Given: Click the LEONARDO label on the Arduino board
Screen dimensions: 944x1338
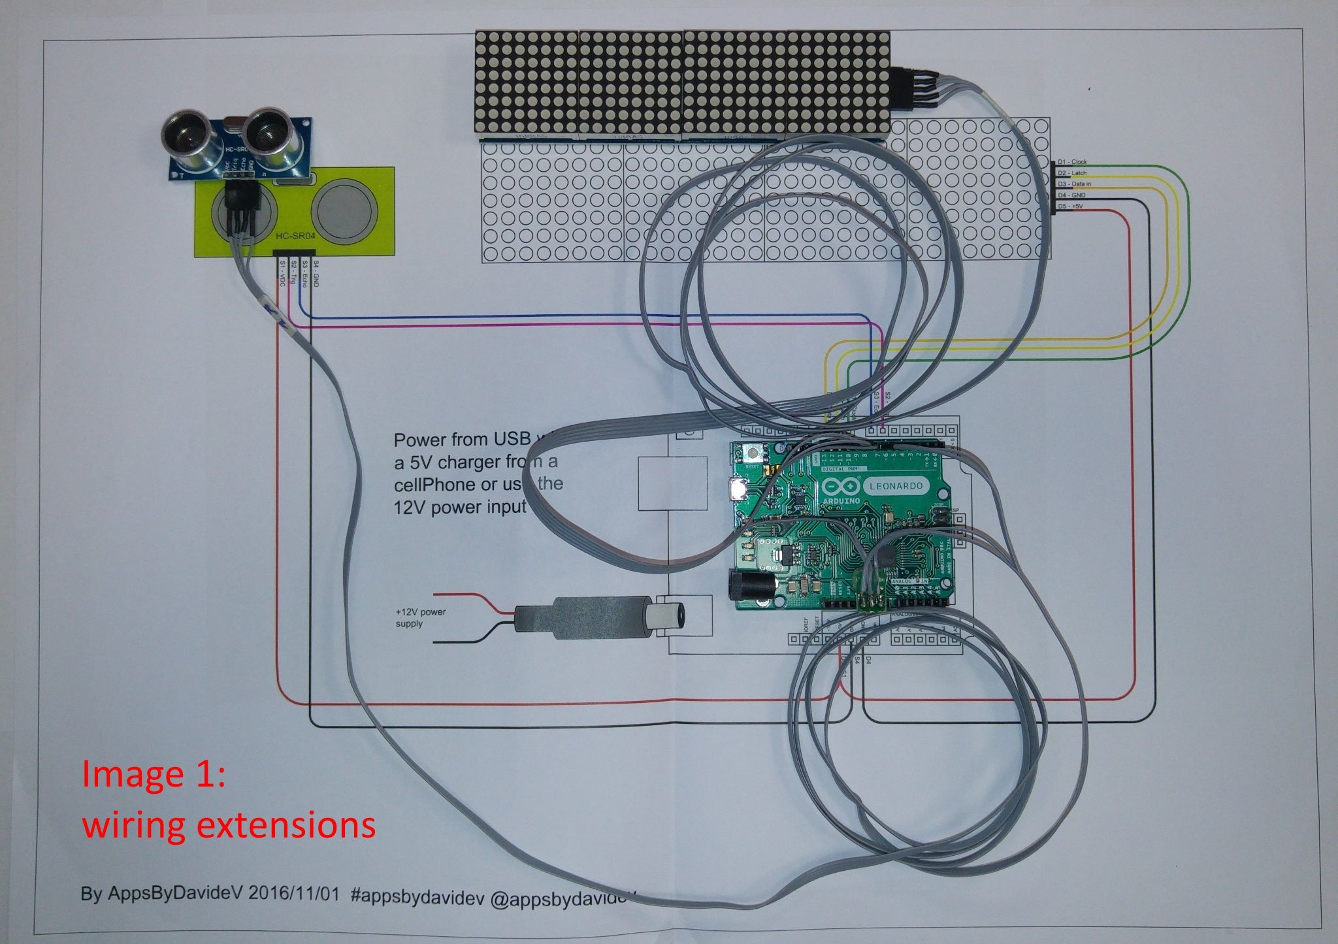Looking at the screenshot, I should point(896,485).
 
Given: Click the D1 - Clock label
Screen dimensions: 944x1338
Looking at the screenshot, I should point(1072,161).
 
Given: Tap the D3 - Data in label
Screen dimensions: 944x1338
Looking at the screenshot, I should point(1074,184).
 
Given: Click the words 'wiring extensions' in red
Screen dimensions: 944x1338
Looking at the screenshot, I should point(229,825).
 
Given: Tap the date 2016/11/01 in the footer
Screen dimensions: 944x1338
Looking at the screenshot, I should point(294,894).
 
